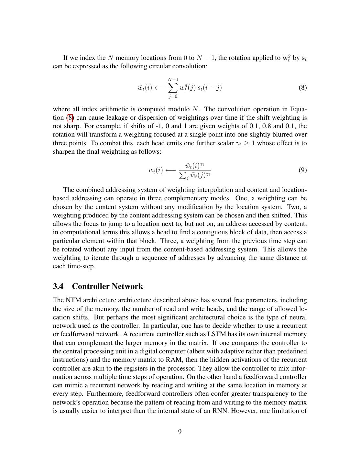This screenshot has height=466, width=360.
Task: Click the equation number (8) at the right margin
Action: pyautogui.click(x=302, y=88)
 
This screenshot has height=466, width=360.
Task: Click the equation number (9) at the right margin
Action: pyautogui.click(x=302, y=170)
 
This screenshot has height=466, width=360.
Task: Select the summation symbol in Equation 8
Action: pyautogui.click(x=173, y=87)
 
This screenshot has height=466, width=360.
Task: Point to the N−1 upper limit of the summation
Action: pyautogui.click(x=173, y=79)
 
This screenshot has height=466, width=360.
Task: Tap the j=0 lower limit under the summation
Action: pyautogui.click(x=173, y=96)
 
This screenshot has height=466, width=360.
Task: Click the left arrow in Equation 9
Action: pyautogui.click(x=170, y=170)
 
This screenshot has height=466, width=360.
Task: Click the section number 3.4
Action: pyautogui.click(x=58, y=286)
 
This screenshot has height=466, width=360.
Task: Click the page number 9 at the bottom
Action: pyautogui.click(x=180, y=432)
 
